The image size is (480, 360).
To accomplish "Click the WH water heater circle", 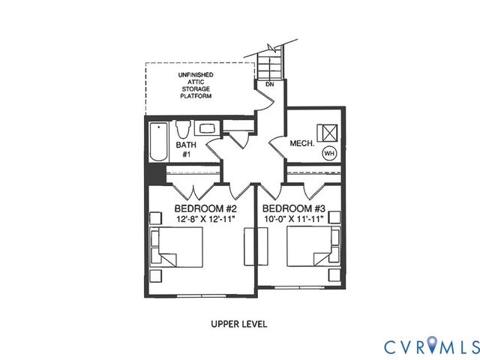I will pyautogui.click(x=328, y=152).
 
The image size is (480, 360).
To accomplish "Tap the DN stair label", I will pyautogui.click(x=269, y=85).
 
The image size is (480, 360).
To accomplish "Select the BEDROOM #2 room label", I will pyautogui.click(x=205, y=208).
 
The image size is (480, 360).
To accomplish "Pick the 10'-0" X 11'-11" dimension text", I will pyautogui.click(x=293, y=219).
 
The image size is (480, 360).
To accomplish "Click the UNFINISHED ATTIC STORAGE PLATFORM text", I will pyautogui.click(x=195, y=86).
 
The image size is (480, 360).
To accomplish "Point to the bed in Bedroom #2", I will pyautogui.click(x=181, y=247).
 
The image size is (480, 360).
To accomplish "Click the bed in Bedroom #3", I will pyautogui.click(x=310, y=247).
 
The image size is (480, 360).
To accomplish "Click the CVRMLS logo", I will pyautogui.click(x=430, y=346).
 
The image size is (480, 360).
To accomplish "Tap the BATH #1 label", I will pyautogui.click(x=184, y=148).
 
